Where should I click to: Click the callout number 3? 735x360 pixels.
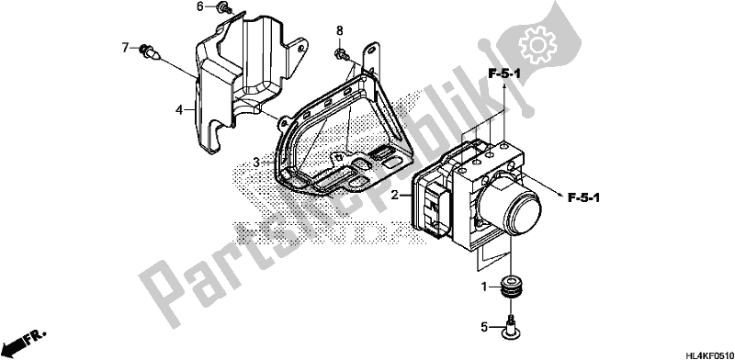pos(258,163)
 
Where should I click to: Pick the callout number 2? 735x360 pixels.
pos(394,196)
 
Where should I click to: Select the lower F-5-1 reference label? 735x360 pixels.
pos(593,196)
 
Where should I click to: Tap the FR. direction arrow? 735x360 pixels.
pos(24,343)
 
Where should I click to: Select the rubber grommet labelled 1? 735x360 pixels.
pos(510,286)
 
